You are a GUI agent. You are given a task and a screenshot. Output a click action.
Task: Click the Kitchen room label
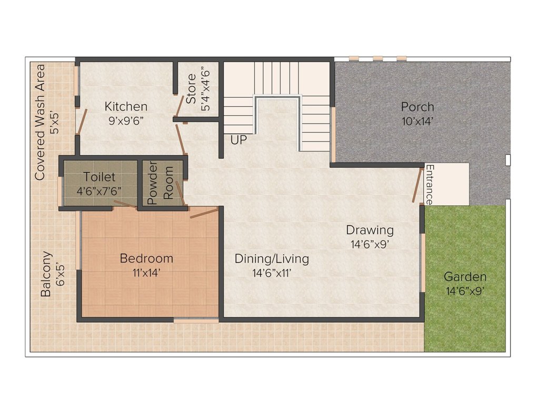pyautogui.click(x=126, y=106)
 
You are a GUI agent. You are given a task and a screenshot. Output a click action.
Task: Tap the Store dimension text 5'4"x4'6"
pyautogui.click(x=206, y=88)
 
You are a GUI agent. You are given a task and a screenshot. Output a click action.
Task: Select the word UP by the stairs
pyautogui.click(x=237, y=140)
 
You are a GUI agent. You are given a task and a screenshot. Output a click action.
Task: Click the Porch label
pyautogui.click(x=417, y=107)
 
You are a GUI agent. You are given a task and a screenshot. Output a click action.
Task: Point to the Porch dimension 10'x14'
pyautogui.click(x=417, y=120)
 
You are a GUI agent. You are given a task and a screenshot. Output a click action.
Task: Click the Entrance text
pyautogui.click(x=429, y=185)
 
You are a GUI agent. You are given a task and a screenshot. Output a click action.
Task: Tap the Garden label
pyautogui.click(x=465, y=277)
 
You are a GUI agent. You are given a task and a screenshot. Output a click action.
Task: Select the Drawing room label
pyautogui.click(x=370, y=230)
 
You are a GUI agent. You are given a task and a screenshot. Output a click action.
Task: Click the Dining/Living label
pyautogui.click(x=272, y=259)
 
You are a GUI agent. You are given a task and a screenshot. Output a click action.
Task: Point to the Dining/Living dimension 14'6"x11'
pyautogui.click(x=272, y=272)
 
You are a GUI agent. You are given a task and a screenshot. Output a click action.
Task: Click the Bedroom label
pyautogui.click(x=146, y=258)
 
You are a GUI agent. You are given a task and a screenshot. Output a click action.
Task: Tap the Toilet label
pyautogui.click(x=99, y=177)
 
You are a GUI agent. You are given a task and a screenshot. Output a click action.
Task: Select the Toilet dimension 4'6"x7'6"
pyautogui.click(x=99, y=191)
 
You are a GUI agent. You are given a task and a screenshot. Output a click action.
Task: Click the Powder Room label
pyautogui.click(x=161, y=186)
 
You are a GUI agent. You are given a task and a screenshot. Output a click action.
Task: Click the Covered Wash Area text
pyautogui.click(x=39, y=122)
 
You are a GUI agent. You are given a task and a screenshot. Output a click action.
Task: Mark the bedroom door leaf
pyautogui.click(x=204, y=213)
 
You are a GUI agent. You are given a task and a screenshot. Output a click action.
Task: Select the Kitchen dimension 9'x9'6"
pyautogui.click(x=126, y=120)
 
